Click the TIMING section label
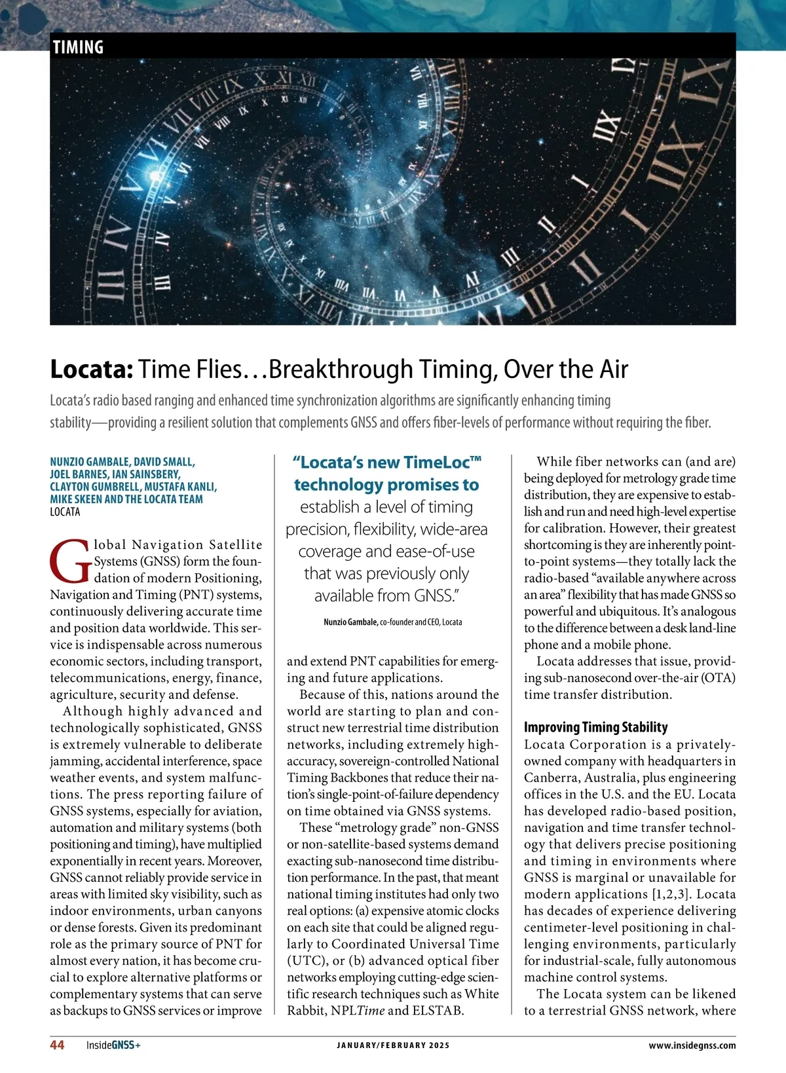tap(78, 47)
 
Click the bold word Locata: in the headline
tap(92, 369)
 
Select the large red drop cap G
tap(69, 561)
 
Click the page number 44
tap(57, 1045)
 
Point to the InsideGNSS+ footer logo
tap(113, 1045)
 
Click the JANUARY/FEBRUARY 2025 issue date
tap(393, 1045)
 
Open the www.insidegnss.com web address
tap(692, 1045)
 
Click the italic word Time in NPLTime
tap(371, 1010)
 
